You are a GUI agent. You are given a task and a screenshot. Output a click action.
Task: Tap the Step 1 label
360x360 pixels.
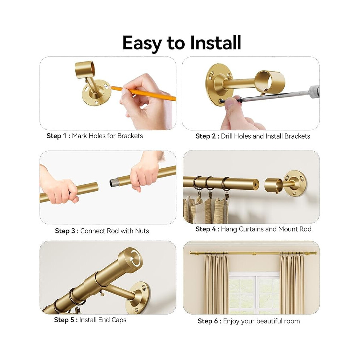58,136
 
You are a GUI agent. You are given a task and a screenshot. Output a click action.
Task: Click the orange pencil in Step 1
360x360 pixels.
144,93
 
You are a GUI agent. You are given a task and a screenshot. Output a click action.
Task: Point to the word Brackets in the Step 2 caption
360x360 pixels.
297,136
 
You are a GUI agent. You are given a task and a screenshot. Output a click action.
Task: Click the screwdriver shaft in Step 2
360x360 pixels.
276,96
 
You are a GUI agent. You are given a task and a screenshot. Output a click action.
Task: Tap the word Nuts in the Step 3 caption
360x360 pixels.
142,231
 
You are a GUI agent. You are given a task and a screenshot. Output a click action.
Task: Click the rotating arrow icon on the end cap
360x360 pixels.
135,258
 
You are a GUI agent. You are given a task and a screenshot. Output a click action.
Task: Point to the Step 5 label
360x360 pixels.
66,320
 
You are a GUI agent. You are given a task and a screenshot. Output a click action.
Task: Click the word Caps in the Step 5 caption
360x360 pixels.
119,320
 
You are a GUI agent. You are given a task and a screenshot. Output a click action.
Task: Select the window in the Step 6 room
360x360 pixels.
255,293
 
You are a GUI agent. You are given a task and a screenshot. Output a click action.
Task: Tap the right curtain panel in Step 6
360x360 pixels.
292,284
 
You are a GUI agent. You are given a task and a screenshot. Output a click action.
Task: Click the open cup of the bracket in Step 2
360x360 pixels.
270,82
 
